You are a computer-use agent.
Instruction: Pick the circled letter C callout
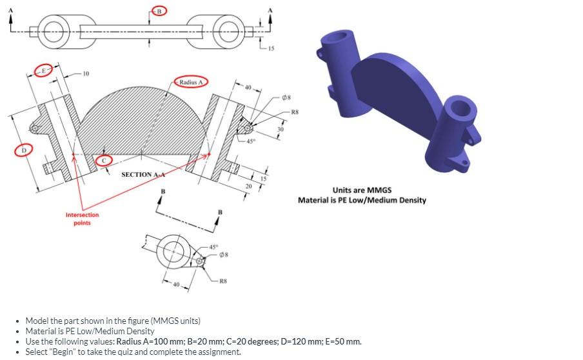pos(104,159)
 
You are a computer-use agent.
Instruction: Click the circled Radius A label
pos(190,83)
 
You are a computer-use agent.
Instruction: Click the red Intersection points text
pos(82,219)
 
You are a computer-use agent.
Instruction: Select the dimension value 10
pos(87,74)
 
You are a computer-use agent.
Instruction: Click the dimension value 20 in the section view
pos(249,186)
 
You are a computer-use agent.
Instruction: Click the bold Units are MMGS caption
pos(362,190)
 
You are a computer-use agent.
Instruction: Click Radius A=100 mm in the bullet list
pos(150,341)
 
